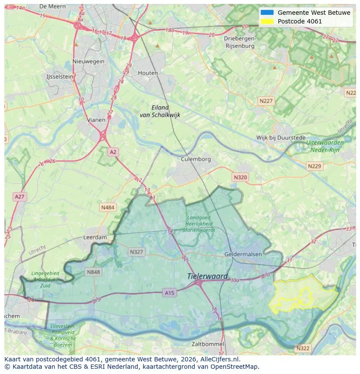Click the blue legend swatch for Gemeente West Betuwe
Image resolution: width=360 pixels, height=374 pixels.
click(x=267, y=13)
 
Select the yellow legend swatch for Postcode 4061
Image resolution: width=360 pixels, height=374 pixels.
click(x=267, y=21)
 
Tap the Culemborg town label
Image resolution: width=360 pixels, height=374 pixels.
click(x=196, y=159)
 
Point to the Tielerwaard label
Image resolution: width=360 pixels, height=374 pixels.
click(x=207, y=276)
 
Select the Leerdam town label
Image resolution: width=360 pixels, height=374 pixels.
click(x=95, y=238)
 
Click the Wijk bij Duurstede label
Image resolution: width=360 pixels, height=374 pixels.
click(x=281, y=138)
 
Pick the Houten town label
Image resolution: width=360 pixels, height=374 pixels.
click(x=148, y=73)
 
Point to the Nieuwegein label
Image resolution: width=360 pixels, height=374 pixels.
click(x=89, y=61)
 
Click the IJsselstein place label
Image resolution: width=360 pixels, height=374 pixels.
click(x=60, y=76)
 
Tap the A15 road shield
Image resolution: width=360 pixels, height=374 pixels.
click(x=170, y=293)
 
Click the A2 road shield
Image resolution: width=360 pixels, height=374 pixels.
click(x=113, y=152)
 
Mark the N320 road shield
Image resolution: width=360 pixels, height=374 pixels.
click(x=240, y=177)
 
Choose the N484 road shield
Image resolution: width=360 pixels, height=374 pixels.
click(x=108, y=208)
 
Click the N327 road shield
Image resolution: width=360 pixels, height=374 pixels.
click(x=136, y=252)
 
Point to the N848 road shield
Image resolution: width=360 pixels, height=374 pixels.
click(x=93, y=272)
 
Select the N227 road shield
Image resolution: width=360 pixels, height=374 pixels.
click(x=266, y=101)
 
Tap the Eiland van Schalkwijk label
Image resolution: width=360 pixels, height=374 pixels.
click(x=160, y=111)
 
